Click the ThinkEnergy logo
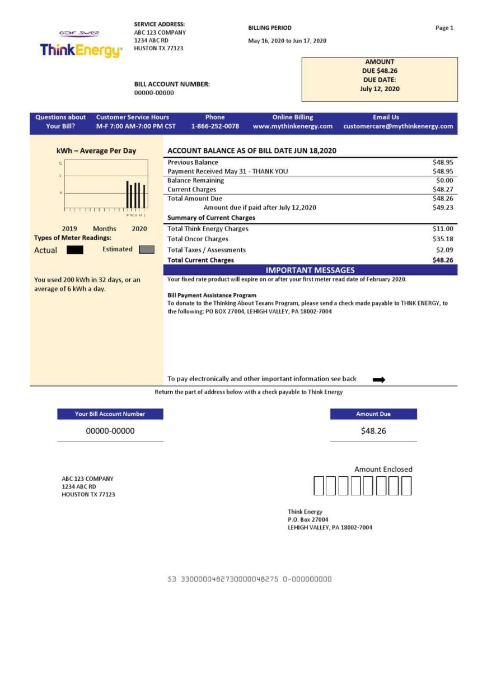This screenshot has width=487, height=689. point(81,50)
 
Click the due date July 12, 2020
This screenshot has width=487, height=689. point(380,89)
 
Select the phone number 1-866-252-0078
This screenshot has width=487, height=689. point(215,126)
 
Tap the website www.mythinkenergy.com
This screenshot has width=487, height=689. point(293,126)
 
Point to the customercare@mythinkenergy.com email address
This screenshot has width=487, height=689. point(398,126)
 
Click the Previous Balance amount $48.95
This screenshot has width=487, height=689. point(443,162)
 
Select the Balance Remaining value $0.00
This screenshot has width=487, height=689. point(444,181)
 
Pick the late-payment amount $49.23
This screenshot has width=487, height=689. point(443,208)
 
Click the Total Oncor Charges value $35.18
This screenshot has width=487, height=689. point(443,239)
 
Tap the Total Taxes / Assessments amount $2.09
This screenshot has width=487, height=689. point(444,250)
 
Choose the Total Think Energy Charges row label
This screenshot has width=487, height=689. point(208,229)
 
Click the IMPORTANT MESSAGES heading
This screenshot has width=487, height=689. point(310,270)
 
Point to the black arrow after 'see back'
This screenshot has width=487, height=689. point(379,379)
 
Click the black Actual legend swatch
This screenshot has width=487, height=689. point(75,250)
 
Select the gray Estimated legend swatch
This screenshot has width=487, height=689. point(146,250)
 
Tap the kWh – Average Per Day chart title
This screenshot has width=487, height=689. point(96,151)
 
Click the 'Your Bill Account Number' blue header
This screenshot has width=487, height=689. point(110,414)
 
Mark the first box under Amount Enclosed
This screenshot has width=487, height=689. point(319,486)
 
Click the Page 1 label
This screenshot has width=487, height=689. point(444,28)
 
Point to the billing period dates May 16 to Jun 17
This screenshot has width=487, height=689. point(287,41)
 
